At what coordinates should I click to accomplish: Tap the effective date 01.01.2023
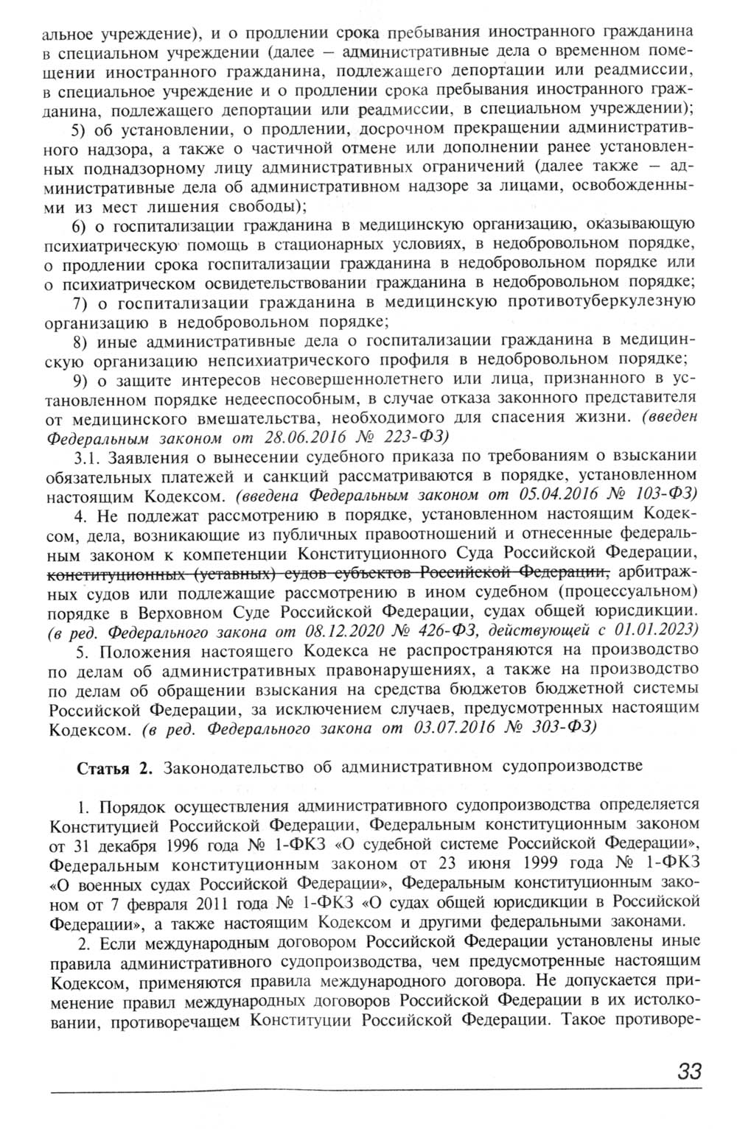pyautogui.click(x=658, y=630)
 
